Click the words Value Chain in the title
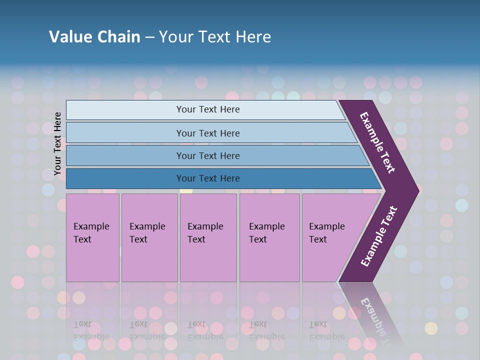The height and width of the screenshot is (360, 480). point(94,37)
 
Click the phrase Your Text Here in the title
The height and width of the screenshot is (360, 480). point(215,37)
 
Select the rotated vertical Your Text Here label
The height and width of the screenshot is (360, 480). point(57,143)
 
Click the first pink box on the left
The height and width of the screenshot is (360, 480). point(92,260)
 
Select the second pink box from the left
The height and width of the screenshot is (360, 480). point(149,260)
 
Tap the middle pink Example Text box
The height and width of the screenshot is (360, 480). point(208,260)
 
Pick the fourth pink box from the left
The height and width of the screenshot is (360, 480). point(269,260)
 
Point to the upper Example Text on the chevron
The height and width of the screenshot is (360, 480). point(377,142)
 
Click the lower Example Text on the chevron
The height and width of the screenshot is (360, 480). point(379,236)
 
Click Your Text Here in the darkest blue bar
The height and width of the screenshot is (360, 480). point(208,178)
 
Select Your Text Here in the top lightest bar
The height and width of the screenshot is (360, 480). point(208,109)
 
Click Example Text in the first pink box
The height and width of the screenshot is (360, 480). point(91,233)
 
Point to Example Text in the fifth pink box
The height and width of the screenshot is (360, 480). point(326,233)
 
